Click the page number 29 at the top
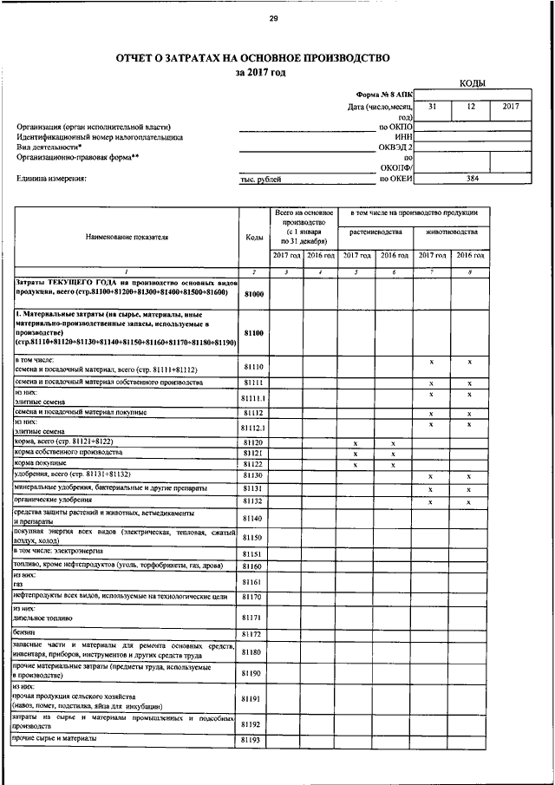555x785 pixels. (273, 19)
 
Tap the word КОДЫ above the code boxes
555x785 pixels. (472, 83)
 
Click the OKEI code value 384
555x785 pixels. (472, 179)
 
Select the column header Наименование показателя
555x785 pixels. (127, 235)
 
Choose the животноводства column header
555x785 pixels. (451, 232)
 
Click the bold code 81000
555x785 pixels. (253, 295)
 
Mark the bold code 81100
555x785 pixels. (253, 332)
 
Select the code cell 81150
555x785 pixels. (253, 539)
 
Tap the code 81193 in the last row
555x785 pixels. (253, 740)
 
